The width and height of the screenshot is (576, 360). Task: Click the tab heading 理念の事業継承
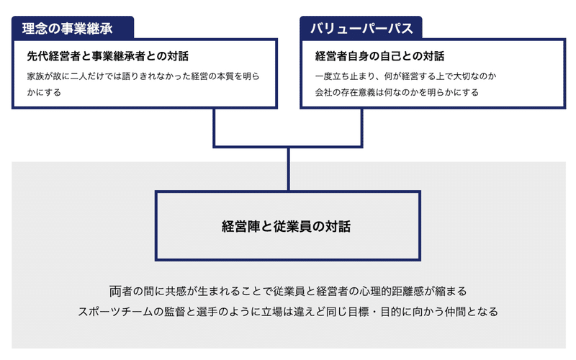point(67,28)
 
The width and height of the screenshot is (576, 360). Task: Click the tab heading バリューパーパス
point(362,28)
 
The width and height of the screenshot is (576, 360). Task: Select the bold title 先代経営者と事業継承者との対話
point(107,56)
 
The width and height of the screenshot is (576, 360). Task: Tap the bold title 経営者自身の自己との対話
point(380,56)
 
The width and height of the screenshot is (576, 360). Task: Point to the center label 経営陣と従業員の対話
point(286,226)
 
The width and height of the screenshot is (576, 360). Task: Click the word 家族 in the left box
point(35,76)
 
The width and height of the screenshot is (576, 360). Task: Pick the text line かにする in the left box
point(44,92)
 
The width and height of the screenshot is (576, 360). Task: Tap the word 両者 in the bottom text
point(120,292)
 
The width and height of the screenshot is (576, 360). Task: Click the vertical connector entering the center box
point(289,169)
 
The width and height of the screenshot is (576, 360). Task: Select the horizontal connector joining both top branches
point(288,147)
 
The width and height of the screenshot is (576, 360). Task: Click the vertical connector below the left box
point(215,127)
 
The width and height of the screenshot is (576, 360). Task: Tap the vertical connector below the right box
point(361,127)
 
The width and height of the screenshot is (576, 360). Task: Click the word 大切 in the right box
point(462,76)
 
